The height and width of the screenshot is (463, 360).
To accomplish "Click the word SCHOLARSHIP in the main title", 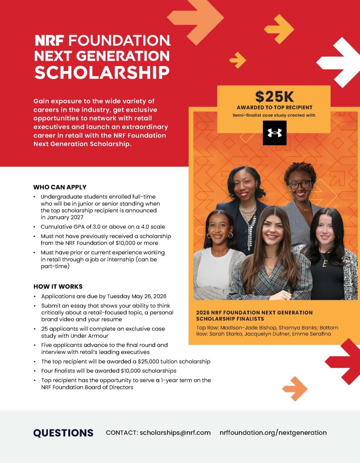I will tap(102, 72).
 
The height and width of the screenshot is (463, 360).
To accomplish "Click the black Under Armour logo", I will tap(275, 133).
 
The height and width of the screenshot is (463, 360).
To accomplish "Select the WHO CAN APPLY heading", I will tap(60, 187).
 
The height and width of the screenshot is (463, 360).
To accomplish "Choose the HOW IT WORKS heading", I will tap(58, 287).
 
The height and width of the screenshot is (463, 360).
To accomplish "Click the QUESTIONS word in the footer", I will tap(63, 433).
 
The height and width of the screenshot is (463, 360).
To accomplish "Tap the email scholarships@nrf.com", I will tap(175, 433).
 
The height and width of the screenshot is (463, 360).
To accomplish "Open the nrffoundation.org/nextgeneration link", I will tap(273, 433).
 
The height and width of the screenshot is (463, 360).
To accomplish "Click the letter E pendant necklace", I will tap(324, 263).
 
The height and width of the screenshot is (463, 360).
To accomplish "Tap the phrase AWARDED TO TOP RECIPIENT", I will tap(274, 108).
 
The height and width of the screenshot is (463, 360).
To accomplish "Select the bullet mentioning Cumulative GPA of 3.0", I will tap(103, 227).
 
